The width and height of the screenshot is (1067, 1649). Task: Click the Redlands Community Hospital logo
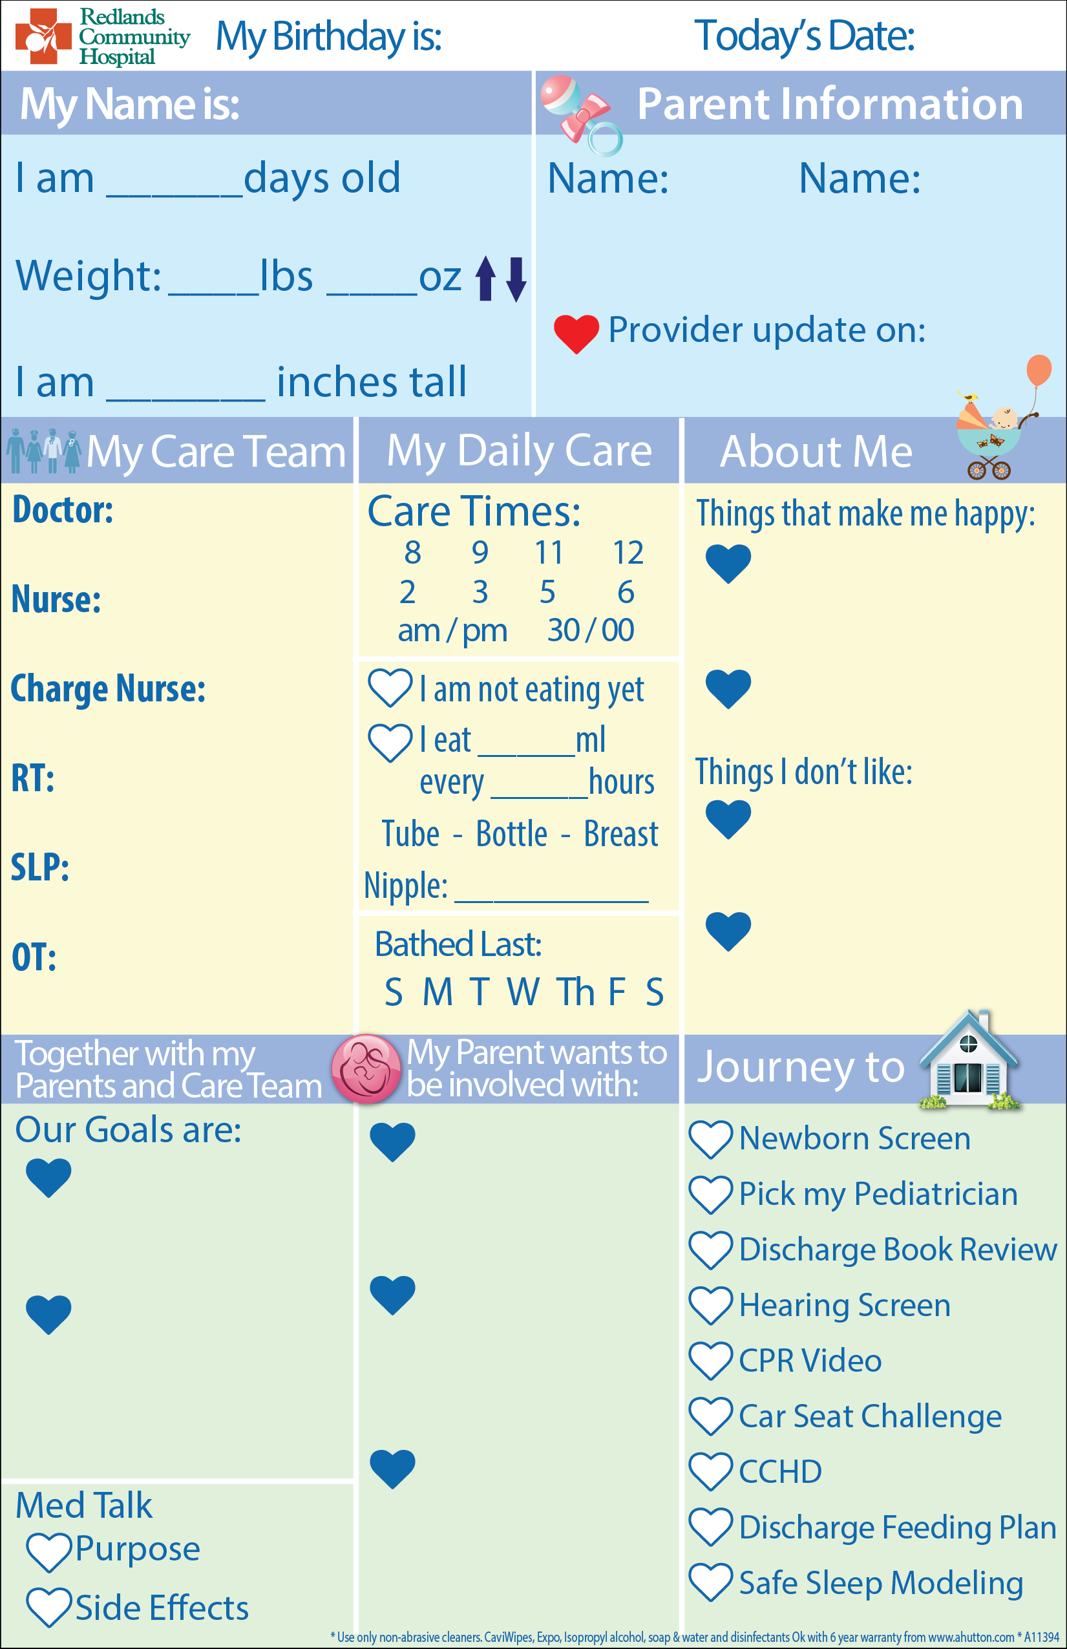[103, 36]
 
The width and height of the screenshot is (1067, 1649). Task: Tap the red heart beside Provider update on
[576, 334]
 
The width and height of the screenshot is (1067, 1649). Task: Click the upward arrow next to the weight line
[486, 279]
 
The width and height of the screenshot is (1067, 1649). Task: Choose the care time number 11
[549, 553]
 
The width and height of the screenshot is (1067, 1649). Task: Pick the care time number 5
[547, 592]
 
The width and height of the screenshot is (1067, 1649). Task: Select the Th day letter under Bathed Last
[576, 992]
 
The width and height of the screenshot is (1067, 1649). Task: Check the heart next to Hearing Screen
[711, 1305]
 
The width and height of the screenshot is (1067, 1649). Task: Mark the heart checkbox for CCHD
[711, 1472]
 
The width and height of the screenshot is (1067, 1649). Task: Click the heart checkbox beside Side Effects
[48, 1608]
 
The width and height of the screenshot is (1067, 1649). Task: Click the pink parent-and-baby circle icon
[366, 1069]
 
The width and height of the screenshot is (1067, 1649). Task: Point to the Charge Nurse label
[108, 689]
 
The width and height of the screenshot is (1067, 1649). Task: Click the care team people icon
[44, 451]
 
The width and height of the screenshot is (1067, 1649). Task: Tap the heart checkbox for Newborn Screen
[711, 1139]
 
